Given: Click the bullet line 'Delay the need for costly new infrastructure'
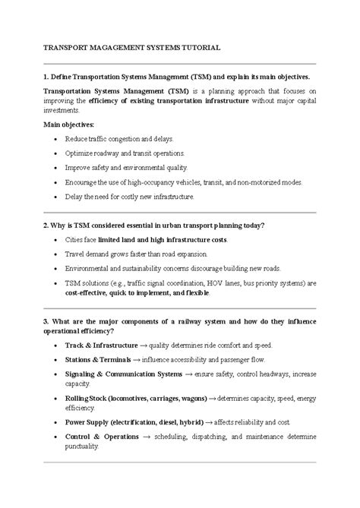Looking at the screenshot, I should click(130, 197).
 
